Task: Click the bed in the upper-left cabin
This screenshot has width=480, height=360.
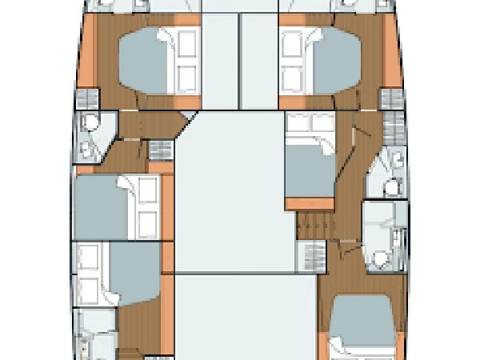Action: coord(152,60)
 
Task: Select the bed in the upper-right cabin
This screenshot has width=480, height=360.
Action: coord(320,60)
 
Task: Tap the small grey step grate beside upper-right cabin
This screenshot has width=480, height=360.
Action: coord(390,99)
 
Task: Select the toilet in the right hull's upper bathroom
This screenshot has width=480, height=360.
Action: coord(392,186)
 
